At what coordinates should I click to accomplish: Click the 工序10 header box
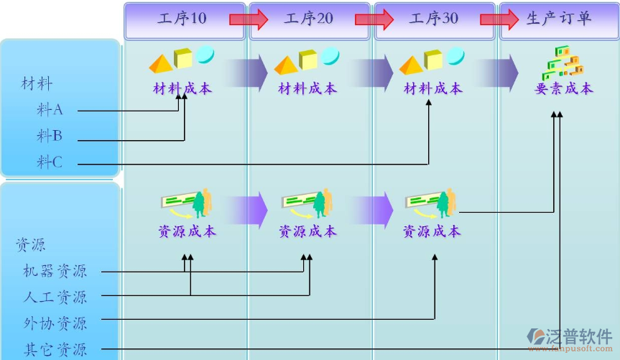tap(182, 19)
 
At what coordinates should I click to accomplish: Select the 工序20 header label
tap(309, 19)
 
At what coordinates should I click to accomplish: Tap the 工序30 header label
tap(434, 19)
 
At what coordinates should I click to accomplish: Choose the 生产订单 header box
tap(559, 19)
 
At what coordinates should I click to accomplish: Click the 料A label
tap(50, 110)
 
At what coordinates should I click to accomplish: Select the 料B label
tap(50, 135)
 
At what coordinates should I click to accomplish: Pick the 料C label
tap(50, 162)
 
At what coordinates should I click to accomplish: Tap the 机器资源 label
tap(55, 271)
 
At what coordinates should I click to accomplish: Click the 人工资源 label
tap(55, 296)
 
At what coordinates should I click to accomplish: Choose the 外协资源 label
tap(55, 323)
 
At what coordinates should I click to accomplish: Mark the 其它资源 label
tap(55, 350)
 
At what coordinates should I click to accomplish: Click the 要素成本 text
tap(564, 88)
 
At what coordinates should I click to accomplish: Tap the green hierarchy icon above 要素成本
tap(562, 63)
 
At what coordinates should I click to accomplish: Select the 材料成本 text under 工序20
tap(307, 88)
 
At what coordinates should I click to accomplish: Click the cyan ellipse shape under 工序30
tap(455, 55)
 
